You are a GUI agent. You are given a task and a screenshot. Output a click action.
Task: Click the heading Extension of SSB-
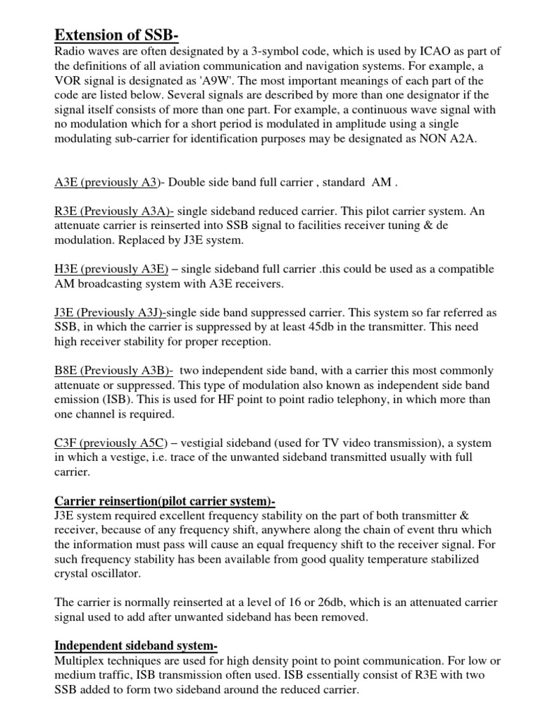[x=121, y=34]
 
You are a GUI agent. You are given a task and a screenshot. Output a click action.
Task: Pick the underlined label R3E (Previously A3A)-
[x=114, y=212]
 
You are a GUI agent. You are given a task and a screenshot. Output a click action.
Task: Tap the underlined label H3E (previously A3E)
[x=111, y=269]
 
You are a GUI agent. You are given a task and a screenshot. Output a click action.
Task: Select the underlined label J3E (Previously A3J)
[x=110, y=313]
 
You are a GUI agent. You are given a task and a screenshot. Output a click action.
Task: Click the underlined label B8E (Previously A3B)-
[x=114, y=370]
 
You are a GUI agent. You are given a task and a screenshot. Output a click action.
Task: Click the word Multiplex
[x=80, y=661]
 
